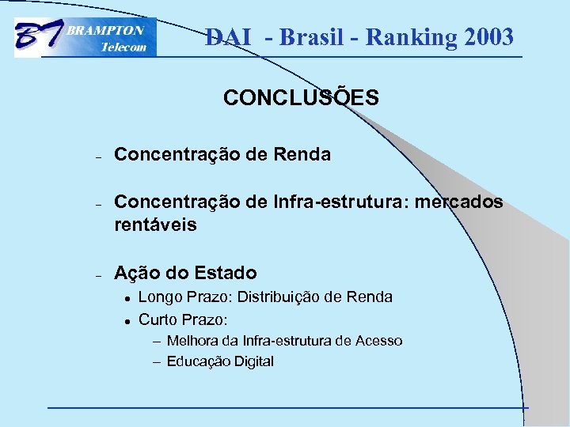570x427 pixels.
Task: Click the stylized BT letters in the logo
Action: [38, 38]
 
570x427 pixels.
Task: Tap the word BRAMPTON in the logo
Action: [104, 31]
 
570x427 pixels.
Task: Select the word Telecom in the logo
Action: [123, 47]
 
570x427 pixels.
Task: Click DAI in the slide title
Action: [227, 37]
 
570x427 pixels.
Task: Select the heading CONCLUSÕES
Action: [301, 98]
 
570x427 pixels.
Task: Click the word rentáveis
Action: [155, 225]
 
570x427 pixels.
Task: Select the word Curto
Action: [158, 320]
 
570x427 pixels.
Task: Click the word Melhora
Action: [192, 341]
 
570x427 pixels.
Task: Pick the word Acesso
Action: [378, 341]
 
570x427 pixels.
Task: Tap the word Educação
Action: [196, 361]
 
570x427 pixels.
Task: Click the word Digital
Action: [251, 361]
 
